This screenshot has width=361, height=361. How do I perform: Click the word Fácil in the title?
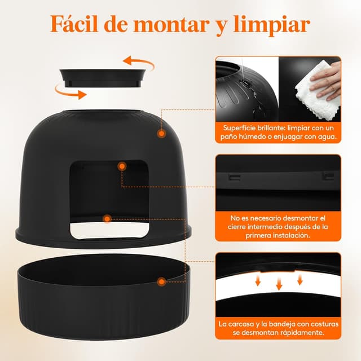(x=74, y=24)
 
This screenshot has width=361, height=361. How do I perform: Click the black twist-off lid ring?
(x=103, y=78)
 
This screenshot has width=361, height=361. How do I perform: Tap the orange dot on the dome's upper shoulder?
(x=162, y=134)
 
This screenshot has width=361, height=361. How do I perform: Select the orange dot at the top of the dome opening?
(x=122, y=166)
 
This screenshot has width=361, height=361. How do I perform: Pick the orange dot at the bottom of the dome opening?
(x=107, y=219)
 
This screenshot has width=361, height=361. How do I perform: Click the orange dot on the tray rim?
(x=162, y=281)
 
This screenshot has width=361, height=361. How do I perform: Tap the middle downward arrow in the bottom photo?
(x=279, y=283)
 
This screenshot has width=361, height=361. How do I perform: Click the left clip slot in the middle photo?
(x=235, y=177)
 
